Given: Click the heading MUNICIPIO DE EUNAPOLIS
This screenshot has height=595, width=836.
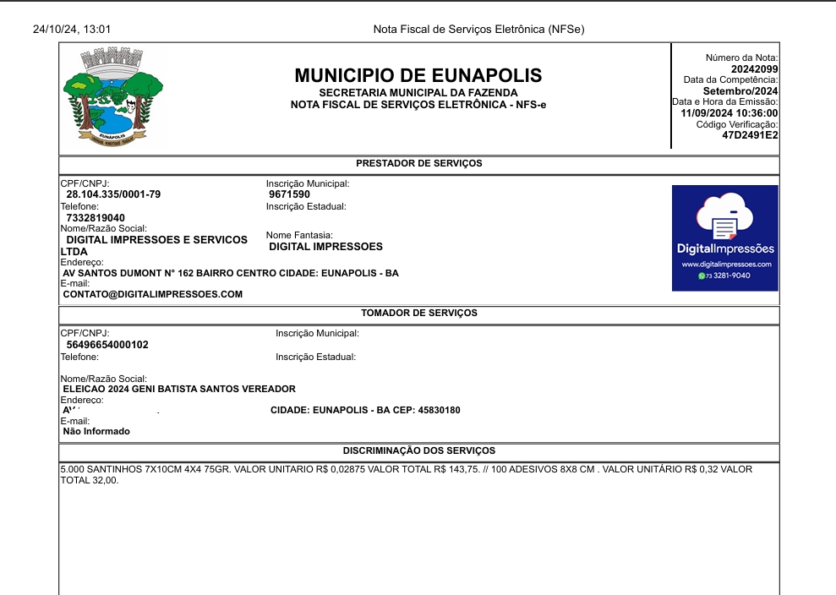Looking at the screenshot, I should (418, 75).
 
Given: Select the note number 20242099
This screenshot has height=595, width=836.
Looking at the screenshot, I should (755, 69).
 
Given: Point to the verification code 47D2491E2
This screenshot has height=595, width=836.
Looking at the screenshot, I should (750, 135).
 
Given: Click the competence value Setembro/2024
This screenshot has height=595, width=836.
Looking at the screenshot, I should (740, 91).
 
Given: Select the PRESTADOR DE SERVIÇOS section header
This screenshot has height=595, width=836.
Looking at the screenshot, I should (418, 163).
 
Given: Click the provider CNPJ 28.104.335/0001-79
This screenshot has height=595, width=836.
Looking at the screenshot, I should (113, 194).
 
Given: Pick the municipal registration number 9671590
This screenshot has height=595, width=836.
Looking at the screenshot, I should (289, 194).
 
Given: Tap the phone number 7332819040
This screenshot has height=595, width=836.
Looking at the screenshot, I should (96, 218).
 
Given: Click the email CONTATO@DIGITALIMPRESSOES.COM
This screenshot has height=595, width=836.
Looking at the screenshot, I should (153, 294).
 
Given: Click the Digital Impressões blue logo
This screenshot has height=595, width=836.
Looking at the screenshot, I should (724, 238).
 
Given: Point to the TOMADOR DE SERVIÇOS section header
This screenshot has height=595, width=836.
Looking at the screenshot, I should (418, 313).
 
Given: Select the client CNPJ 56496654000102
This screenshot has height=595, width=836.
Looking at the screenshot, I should (107, 345).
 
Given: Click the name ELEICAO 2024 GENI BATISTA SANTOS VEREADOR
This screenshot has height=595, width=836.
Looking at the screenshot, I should (179, 389).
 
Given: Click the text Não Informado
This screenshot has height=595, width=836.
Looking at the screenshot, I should (96, 431).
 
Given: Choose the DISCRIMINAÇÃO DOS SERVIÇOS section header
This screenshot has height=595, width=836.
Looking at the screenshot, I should (418, 450).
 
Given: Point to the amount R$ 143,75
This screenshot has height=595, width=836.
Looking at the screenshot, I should (478, 468).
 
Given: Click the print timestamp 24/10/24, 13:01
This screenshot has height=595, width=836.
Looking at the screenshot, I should (72, 30).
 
